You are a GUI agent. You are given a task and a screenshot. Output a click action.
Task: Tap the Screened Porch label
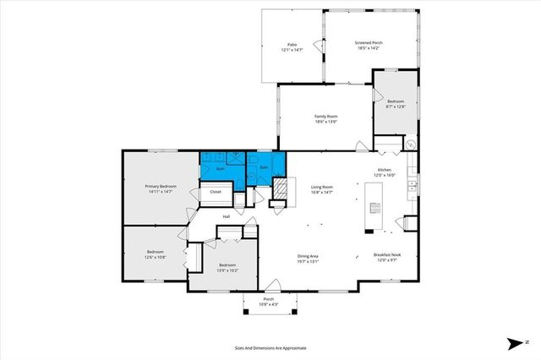click(369, 42)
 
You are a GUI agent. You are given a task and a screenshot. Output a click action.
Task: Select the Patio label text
click(291, 45)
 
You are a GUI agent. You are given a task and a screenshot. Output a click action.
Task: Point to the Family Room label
click(326, 116)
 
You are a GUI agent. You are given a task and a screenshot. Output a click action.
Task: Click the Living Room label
click(321, 187)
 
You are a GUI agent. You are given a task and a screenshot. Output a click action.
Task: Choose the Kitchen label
click(385, 170)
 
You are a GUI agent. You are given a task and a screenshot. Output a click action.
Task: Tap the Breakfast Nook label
click(388, 255)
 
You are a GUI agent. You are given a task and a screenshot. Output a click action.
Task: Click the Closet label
click(216, 192)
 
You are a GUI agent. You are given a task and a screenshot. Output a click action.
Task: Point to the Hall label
click(227, 217)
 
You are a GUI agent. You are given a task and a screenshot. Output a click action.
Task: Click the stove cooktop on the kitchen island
click(373, 210)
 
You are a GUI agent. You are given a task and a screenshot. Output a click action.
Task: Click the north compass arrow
click(513, 343)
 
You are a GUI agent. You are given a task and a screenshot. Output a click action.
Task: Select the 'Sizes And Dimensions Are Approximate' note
click(270, 347)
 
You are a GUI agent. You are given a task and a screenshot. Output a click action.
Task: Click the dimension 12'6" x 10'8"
click(155, 256)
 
